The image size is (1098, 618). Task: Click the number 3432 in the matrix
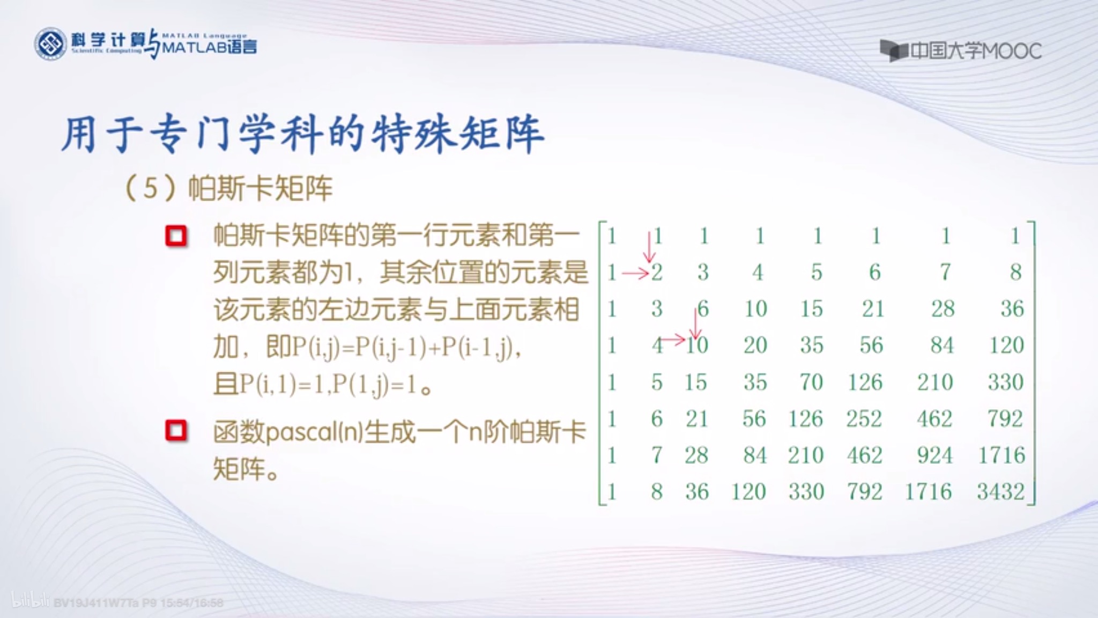click(1000, 491)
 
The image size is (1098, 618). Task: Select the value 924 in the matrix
click(934, 455)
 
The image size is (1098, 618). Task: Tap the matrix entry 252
click(864, 419)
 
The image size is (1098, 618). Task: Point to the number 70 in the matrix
click(811, 382)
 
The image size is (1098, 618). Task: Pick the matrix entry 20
click(755, 345)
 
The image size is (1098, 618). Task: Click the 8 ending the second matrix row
click(1015, 272)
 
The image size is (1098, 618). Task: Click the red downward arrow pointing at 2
click(649, 247)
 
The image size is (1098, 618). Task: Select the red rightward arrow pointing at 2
click(635, 274)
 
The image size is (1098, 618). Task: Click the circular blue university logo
click(50, 44)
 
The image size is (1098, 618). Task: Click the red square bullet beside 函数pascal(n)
click(176, 431)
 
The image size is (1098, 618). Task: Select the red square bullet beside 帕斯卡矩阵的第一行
click(176, 236)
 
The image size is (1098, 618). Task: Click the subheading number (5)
click(151, 188)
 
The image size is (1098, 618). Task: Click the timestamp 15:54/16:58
click(191, 603)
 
